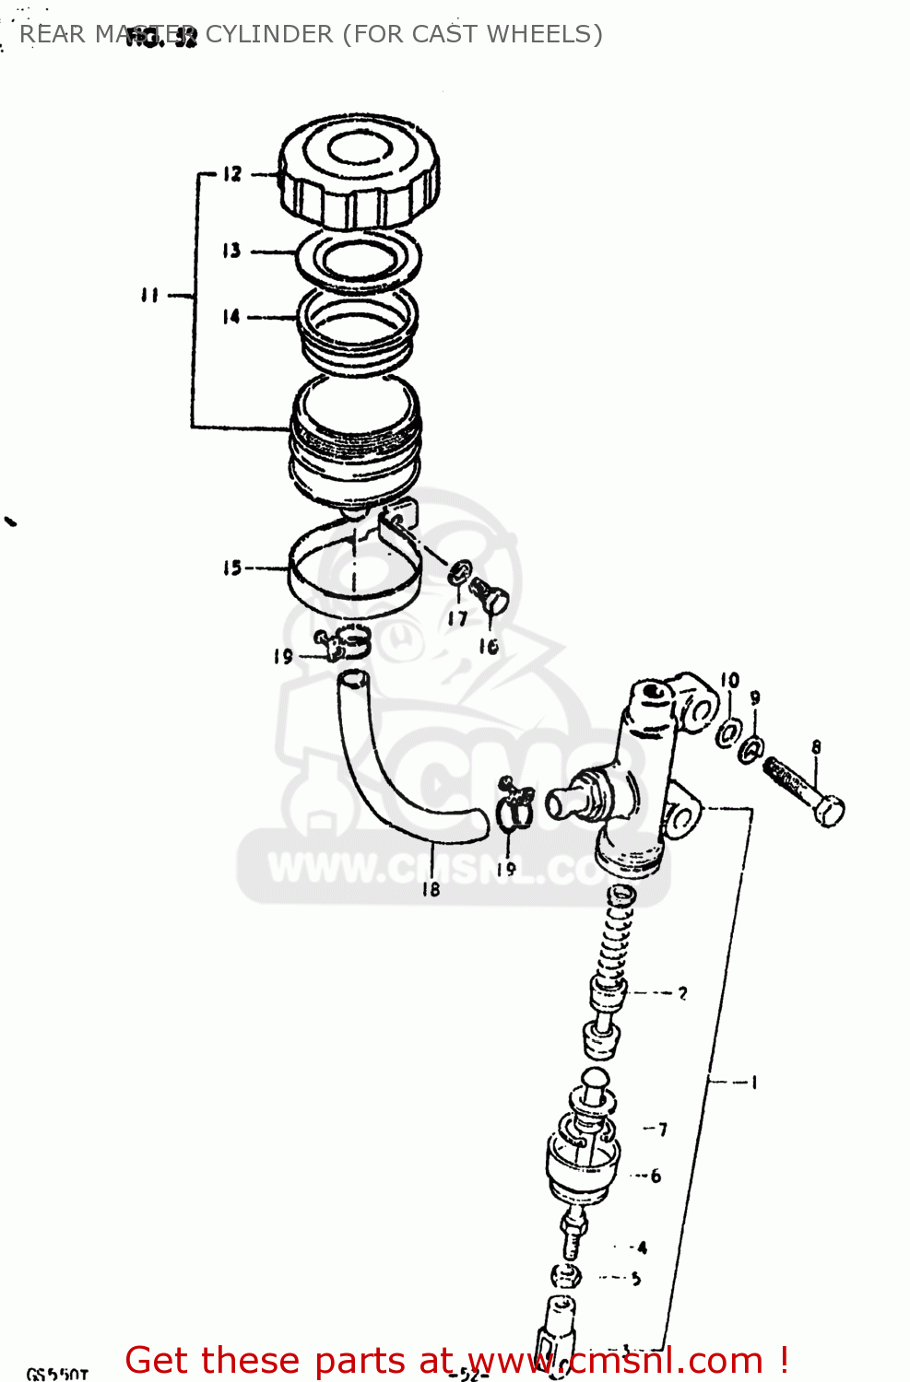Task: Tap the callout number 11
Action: click(149, 295)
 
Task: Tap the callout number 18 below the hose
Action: click(431, 889)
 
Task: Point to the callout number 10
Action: click(729, 680)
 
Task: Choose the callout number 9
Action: click(755, 698)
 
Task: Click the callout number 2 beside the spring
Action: click(682, 993)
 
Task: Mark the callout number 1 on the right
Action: click(754, 1082)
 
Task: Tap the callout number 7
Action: click(662, 1129)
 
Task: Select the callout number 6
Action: click(656, 1176)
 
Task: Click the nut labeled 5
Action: click(566, 1277)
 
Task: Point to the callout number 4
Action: click(642, 1247)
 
